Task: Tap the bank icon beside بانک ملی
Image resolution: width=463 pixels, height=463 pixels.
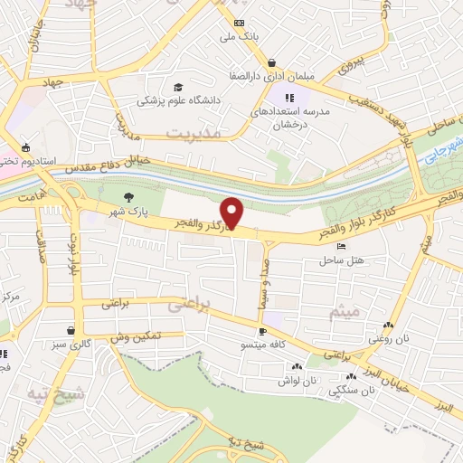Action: [239, 23]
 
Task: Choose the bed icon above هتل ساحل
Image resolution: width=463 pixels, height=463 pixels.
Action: [340, 246]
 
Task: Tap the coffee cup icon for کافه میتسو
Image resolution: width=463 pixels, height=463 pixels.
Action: [262, 332]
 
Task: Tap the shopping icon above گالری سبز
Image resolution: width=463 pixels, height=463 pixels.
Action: [71, 331]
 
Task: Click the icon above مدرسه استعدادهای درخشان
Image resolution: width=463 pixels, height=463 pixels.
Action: [288, 98]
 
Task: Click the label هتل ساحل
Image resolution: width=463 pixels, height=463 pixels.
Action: [340, 260]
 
